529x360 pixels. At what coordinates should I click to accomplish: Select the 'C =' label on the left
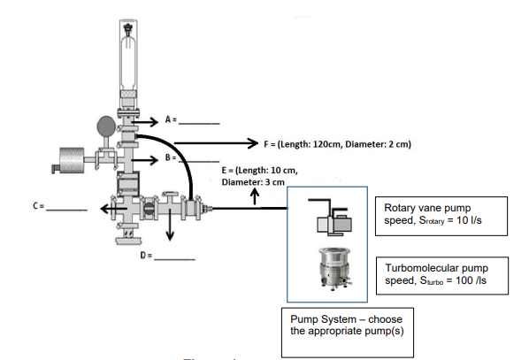(x=39, y=206)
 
